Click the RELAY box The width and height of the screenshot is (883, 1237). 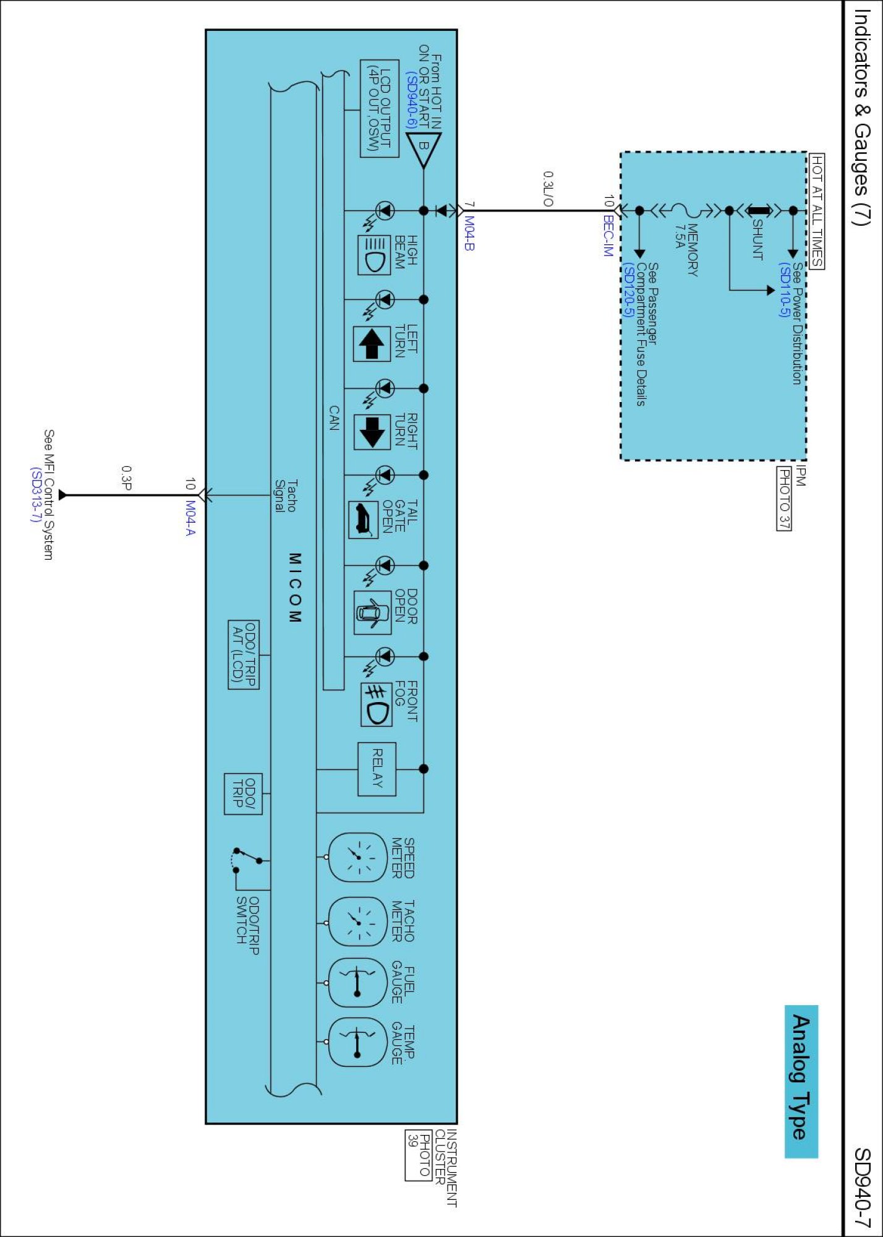[x=377, y=769]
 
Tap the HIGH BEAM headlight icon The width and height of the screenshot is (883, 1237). [x=373, y=254]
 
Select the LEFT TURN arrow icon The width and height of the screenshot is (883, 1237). [x=372, y=344]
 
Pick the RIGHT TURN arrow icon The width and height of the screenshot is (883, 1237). [x=372, y=432]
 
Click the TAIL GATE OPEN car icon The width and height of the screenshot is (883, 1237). [x=364, y=520]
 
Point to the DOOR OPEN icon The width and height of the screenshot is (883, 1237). [x=372, y=612]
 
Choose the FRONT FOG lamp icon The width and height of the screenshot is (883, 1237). [x=376, y=704]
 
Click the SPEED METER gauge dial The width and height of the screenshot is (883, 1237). [x=357, y=857]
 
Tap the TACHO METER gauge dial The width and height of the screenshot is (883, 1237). [x=357, y=922]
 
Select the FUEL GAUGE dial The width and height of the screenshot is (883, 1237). [x=357, y=983]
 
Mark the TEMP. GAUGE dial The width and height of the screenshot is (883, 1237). [x=357, y=1043]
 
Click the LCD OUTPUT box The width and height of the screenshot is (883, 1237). [x=379, y=109]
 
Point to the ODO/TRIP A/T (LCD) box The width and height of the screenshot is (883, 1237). [x=244, y=654]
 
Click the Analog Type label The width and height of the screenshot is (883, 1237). [x=801, y=1081]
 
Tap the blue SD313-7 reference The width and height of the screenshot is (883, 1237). [x=36, y=495]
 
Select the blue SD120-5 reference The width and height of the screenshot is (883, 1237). [x=628, y=289]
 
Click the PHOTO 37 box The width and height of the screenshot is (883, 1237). [x=784, y=499]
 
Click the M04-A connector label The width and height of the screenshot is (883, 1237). [x=190, y=518]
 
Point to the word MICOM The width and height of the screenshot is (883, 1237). [x=295, y=588]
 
